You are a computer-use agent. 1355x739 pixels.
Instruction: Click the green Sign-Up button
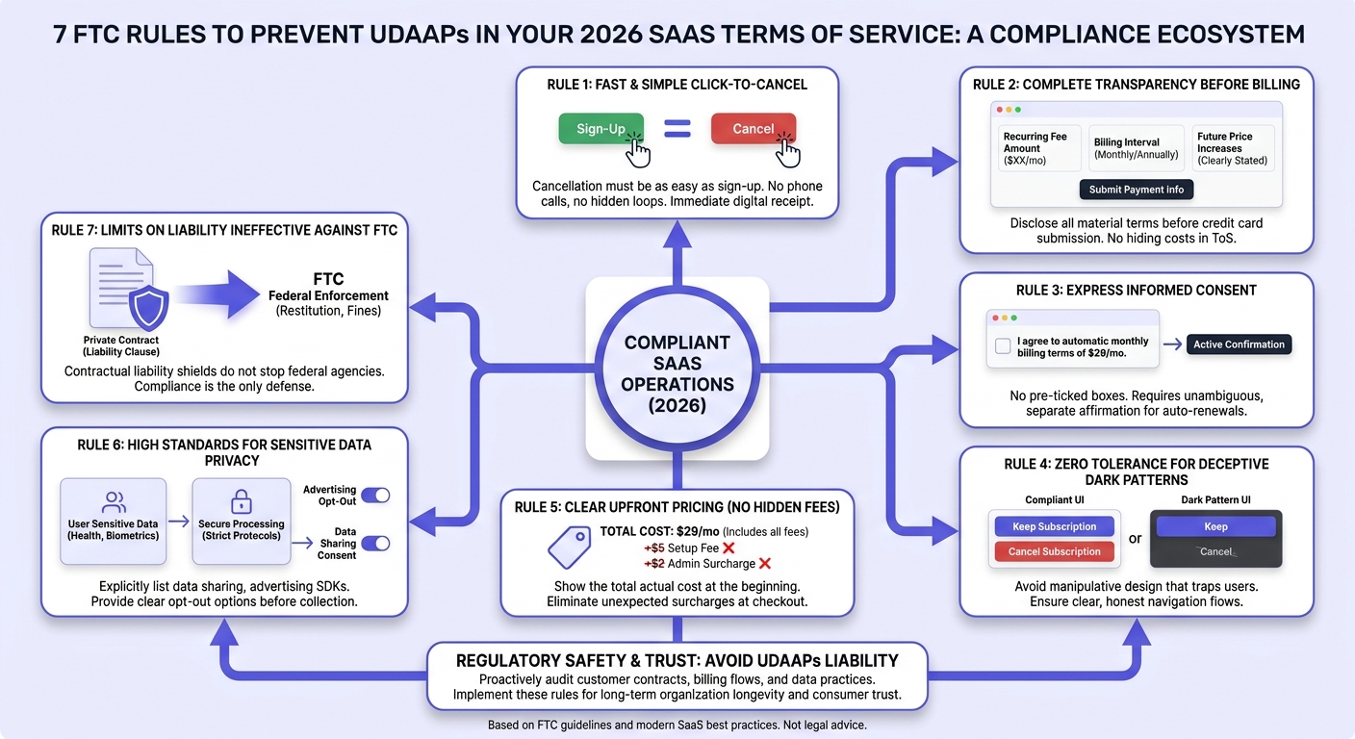tap(601, 128)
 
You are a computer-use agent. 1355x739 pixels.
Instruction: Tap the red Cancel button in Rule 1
tap(754, 128)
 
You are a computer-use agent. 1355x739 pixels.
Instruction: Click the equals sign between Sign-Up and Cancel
tap(677, 128)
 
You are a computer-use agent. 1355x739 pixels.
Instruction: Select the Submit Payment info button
tap(1136, 190)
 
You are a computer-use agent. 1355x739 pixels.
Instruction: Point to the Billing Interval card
tap(1136, 148)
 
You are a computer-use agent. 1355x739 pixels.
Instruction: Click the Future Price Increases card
tap(1233, 148)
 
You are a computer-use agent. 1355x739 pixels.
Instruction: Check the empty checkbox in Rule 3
tap(1003, 345)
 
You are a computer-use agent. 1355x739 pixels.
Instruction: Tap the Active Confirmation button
tap(1239, 344)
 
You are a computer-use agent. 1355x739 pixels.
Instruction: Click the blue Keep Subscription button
tap(1055, 526)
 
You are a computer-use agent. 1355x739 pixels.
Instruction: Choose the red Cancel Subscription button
tap(1055, 551)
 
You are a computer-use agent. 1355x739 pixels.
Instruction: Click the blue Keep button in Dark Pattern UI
tap(1215, 526)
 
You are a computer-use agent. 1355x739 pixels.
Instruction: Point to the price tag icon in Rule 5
tap(569, 547)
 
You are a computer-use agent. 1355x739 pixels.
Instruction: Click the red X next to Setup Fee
tap(729, 548)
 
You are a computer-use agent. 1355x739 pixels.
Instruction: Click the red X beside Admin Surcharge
tap(765, 564)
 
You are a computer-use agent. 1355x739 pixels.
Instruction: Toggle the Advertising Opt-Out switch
tap(375, 496)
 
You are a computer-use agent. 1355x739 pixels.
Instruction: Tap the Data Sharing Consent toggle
tap(375, 543)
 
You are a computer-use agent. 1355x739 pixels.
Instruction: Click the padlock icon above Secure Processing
tap(242, 501)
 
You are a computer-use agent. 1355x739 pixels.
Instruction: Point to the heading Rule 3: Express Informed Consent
tap(1136, 291)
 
